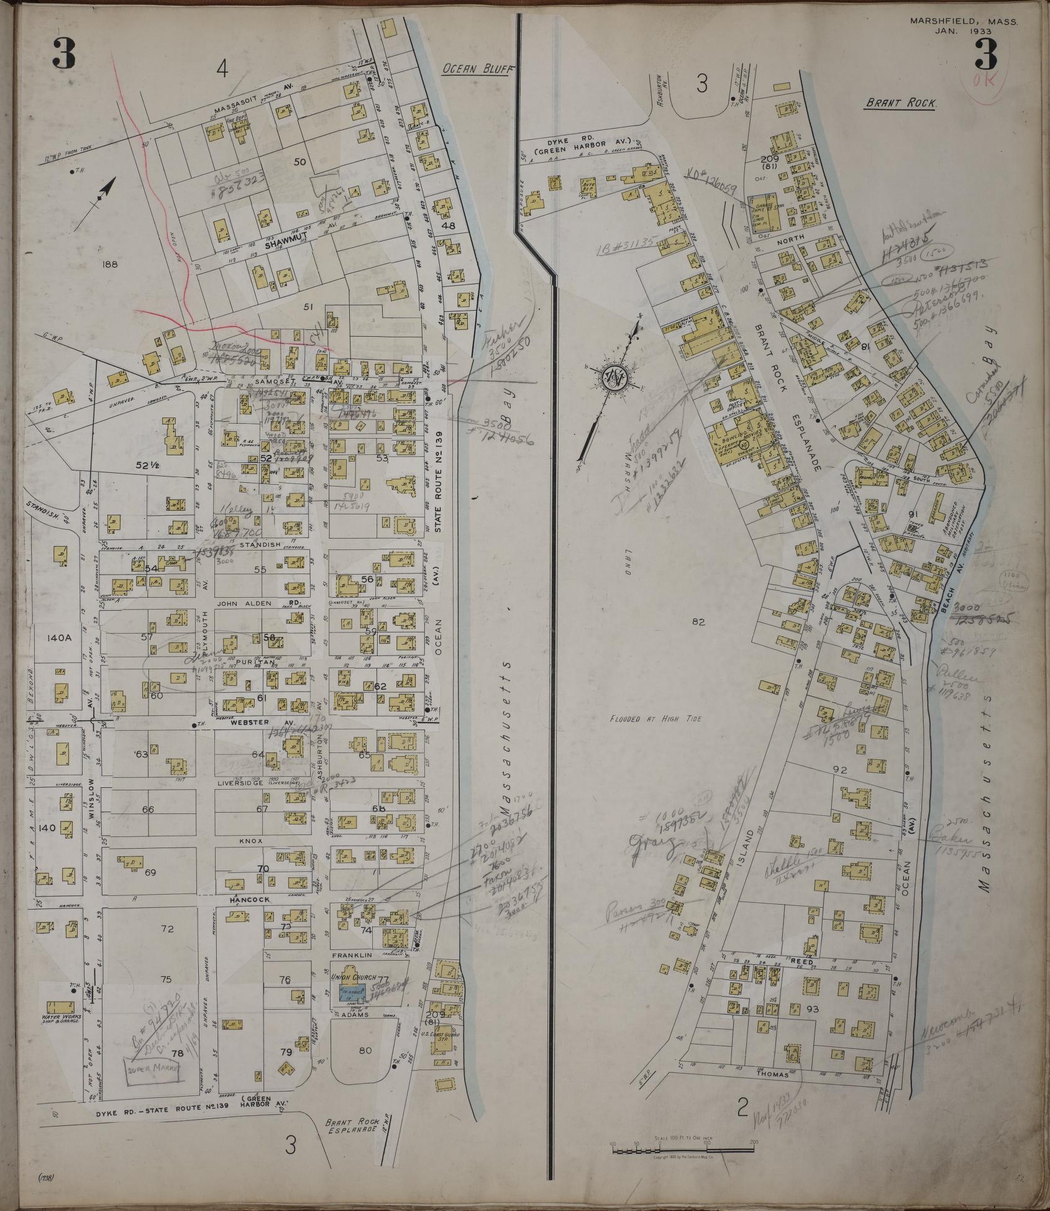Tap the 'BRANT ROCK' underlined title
[900, 104]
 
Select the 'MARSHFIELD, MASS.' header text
[964, 21]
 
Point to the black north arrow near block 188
[106, 189]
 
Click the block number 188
[107, 263]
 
